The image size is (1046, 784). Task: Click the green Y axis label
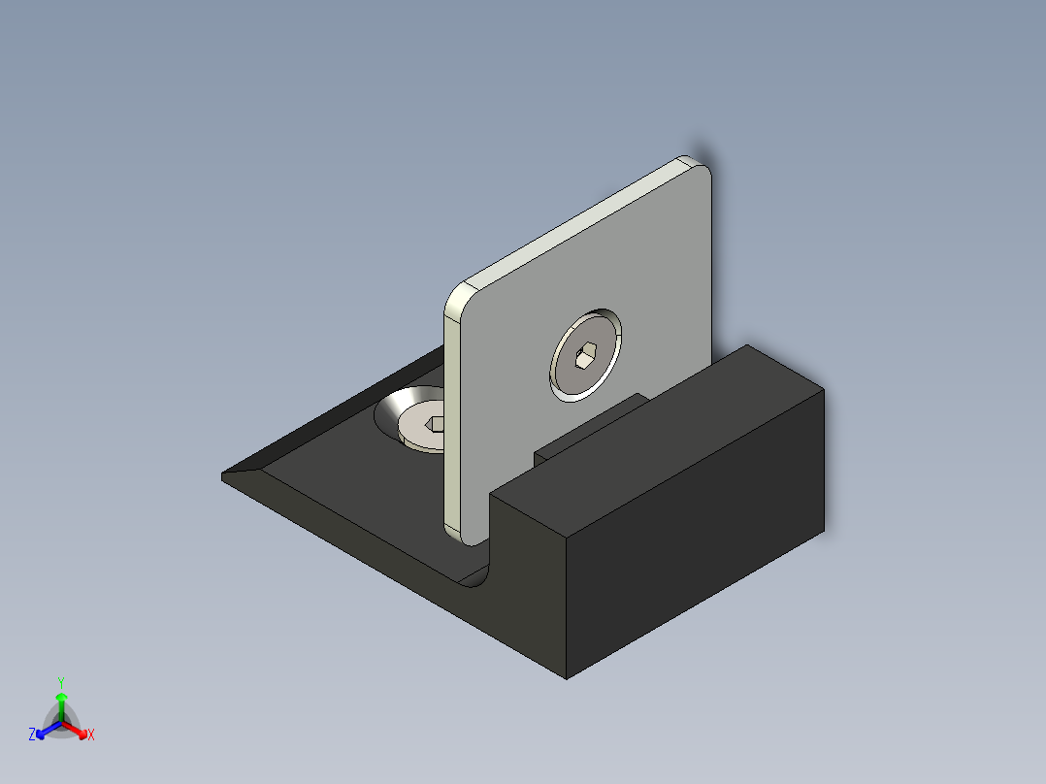pos(60,682)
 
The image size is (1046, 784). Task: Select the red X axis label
pos(91,735)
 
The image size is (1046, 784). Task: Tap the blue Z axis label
pos(32,735)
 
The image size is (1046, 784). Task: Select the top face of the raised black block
pos(660,427)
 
